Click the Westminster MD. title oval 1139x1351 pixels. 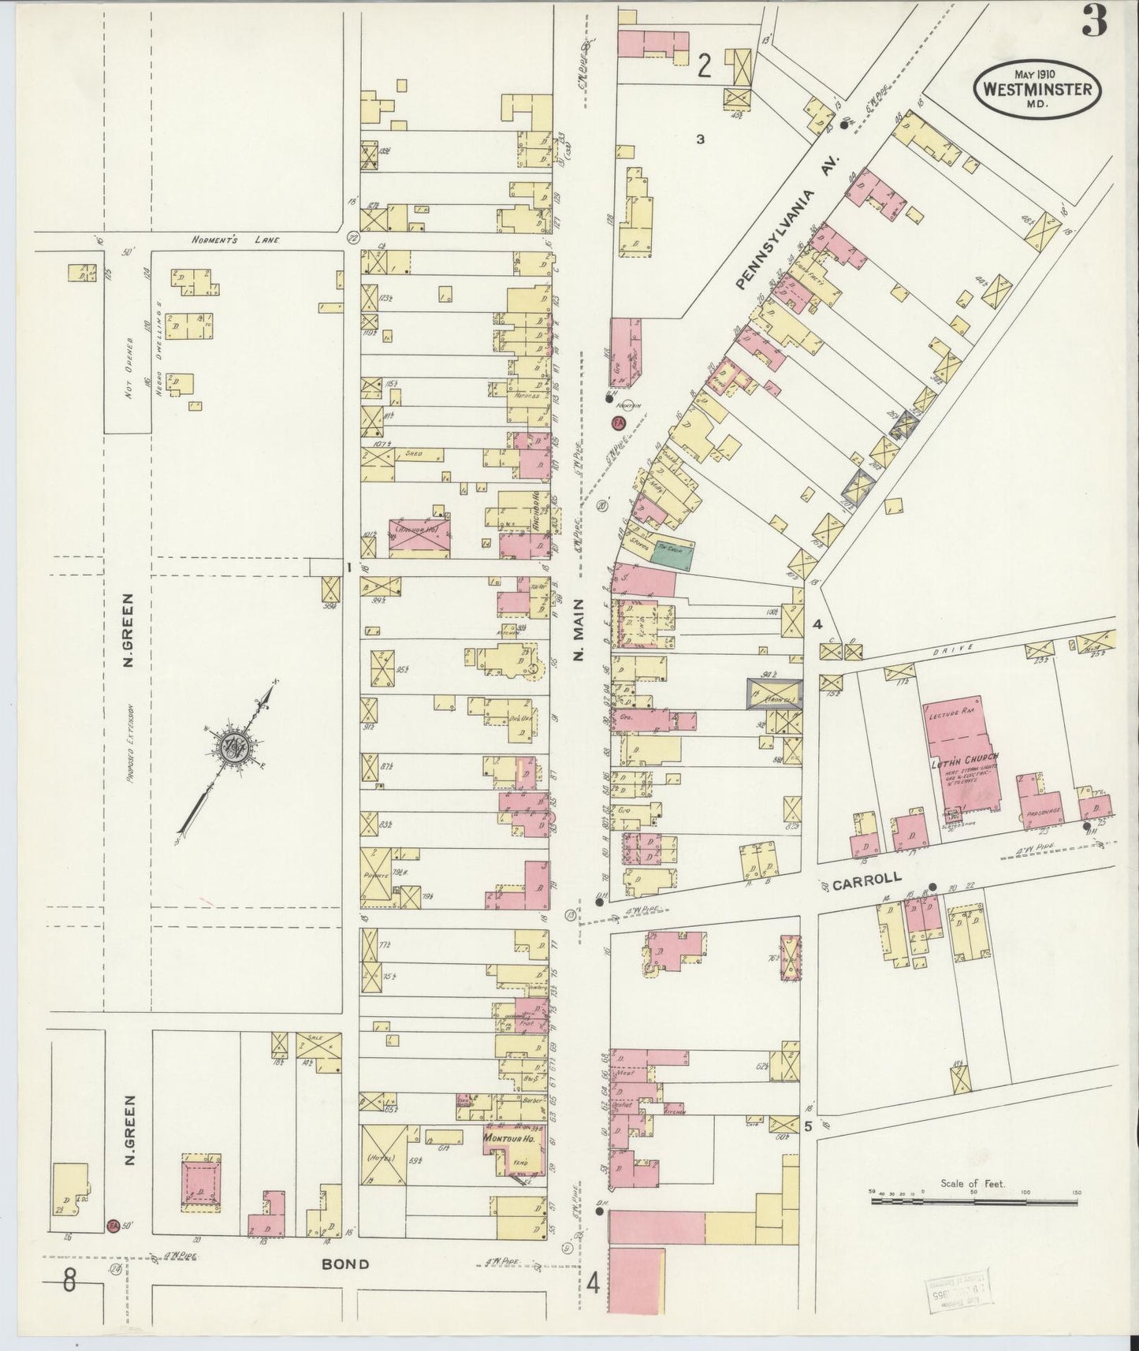[1037, 88]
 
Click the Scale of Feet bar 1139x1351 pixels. [974, 1202]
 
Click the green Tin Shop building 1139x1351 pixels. [671, 554]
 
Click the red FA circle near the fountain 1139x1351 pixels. [619, 423]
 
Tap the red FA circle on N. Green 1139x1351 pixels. [113, 1248]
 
